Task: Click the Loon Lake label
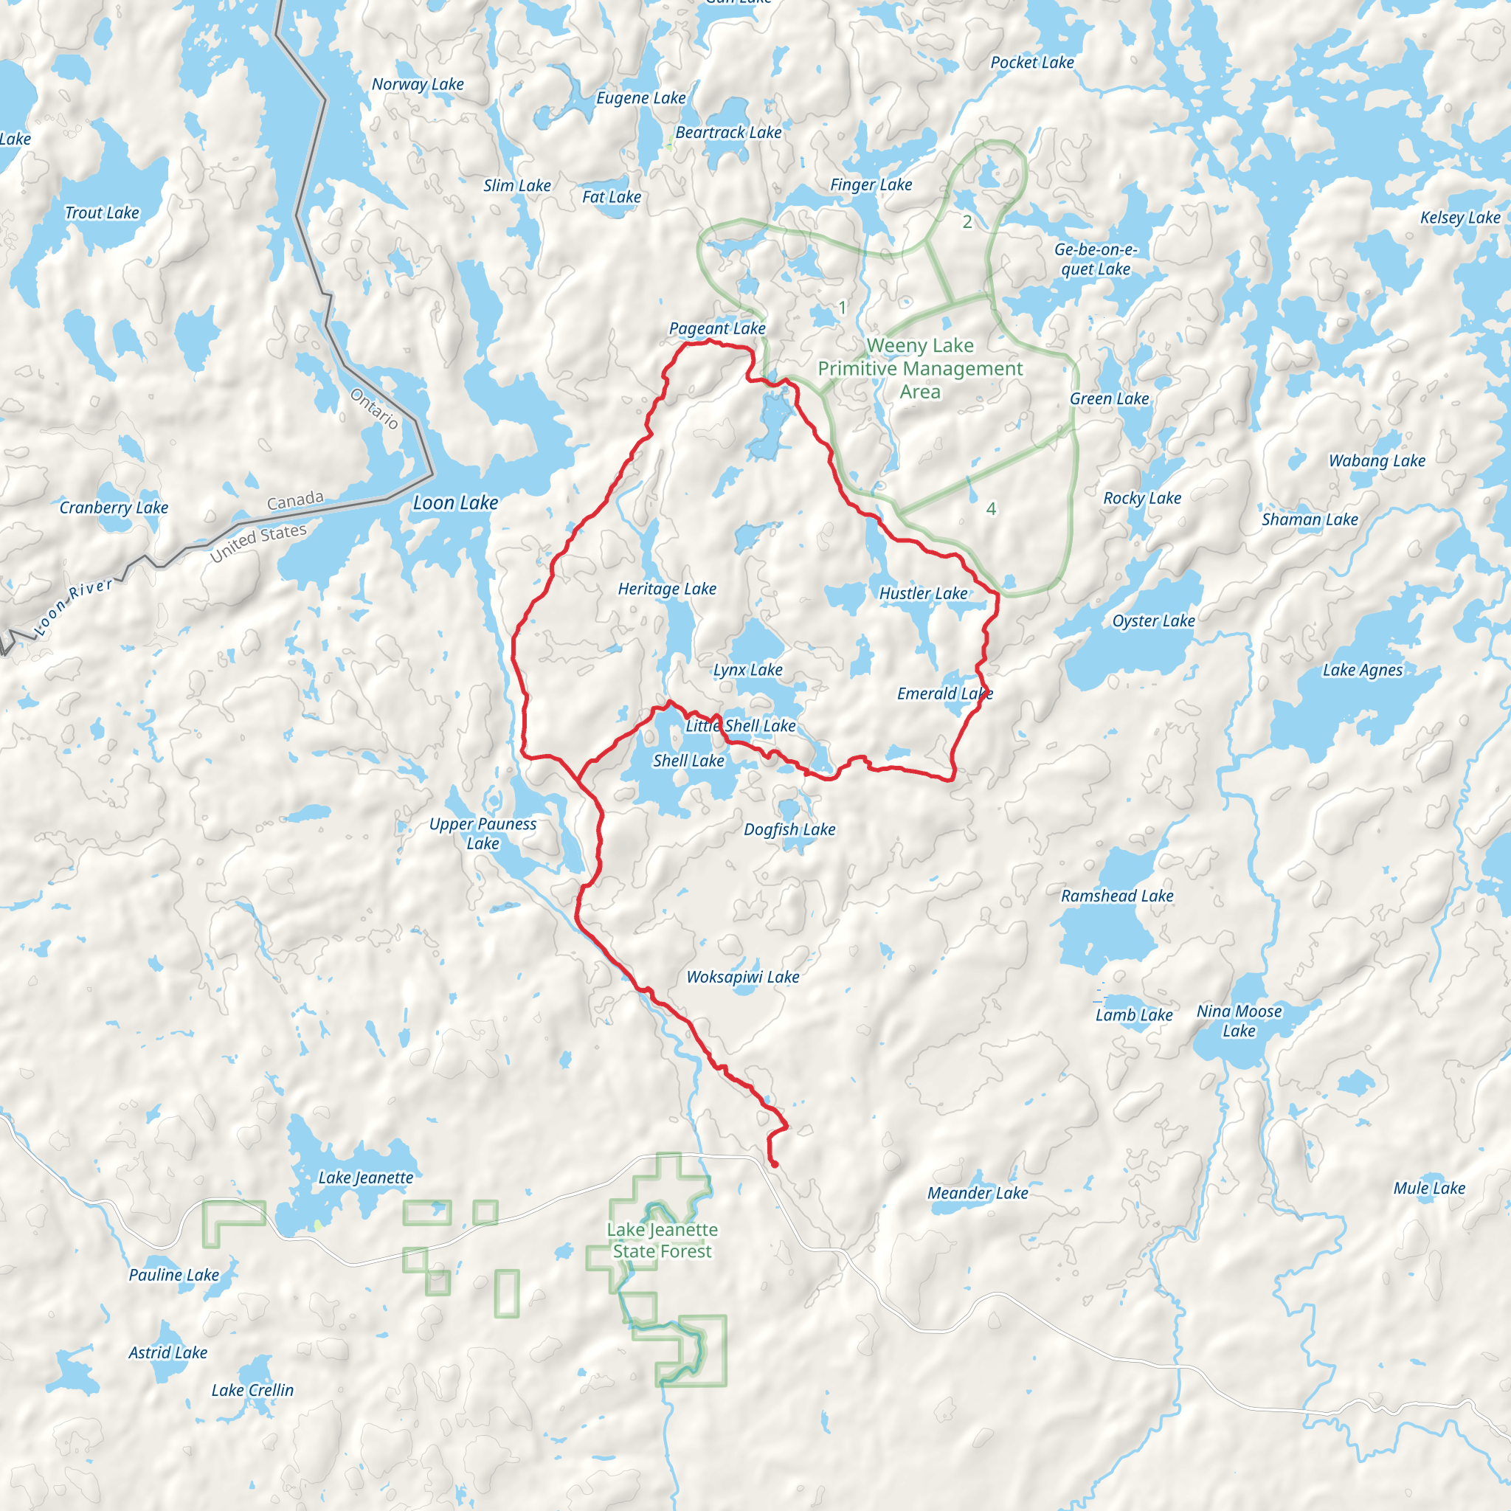pos(455,503)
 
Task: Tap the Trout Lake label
pos(102,212)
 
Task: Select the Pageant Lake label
pos(717,328)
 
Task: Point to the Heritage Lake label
pos(667,589)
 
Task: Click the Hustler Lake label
pos(923,594)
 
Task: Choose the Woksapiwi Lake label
pos(743,977)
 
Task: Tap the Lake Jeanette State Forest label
pos(663,1240)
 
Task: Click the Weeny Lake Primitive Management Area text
pos(920,368)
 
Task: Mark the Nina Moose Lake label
pos(1239,1020)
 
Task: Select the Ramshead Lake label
pos(1117,896)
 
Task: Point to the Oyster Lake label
pos(1154,621)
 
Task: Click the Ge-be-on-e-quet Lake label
pos(1096,259)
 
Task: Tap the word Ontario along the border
pos(375,408)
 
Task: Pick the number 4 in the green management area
pos(991,509)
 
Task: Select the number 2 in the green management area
pos(967,222)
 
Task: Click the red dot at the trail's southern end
pos(774,1164)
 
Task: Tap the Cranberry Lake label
pos(114,508)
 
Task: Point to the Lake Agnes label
pos(1363,670)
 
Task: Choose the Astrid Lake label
pos(168,1352)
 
